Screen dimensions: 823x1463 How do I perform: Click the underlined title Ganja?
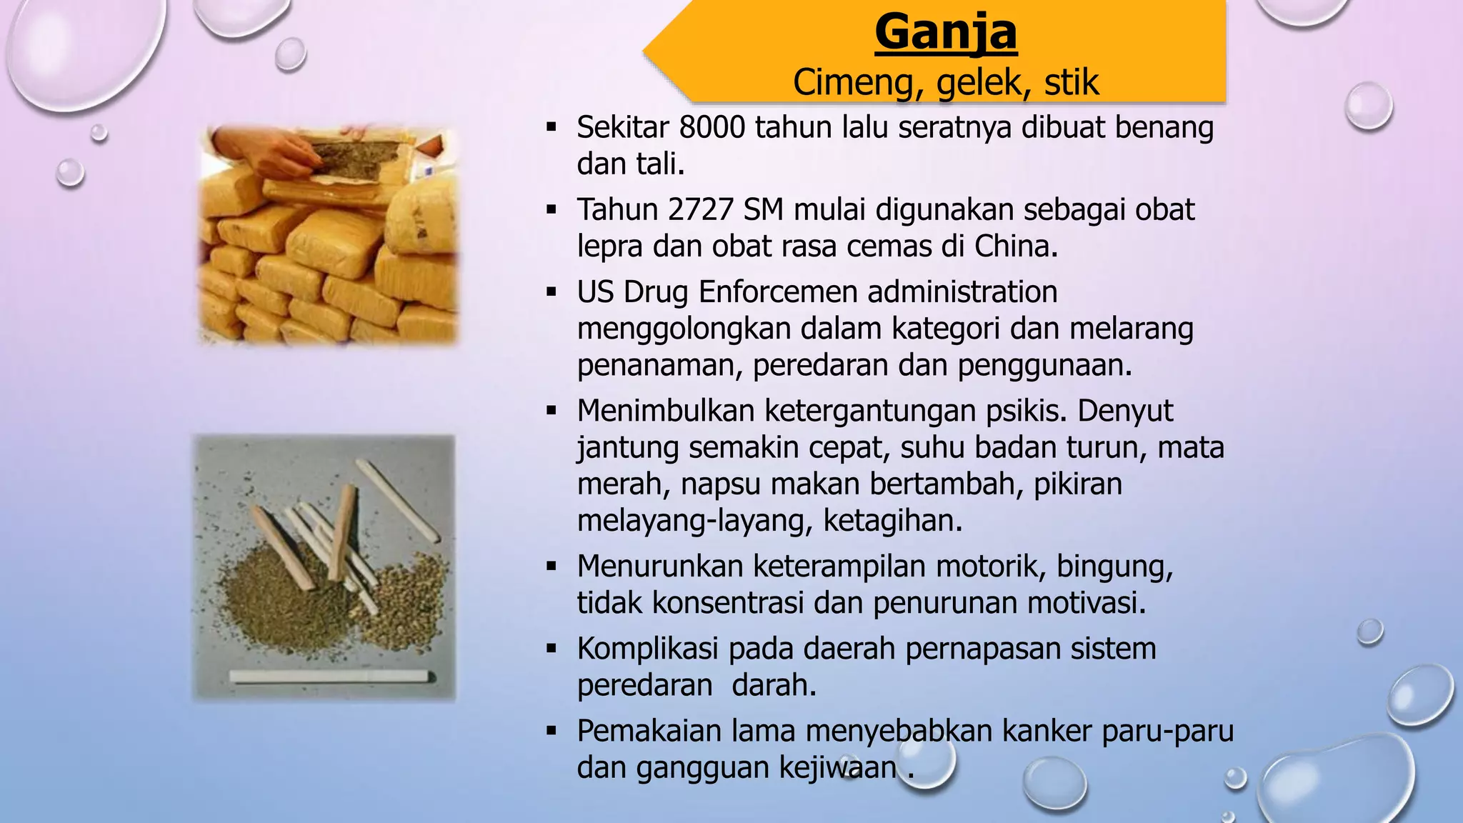coord(946,32)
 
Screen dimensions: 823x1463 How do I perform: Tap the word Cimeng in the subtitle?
coord(854,82)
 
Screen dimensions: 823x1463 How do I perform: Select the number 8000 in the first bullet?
coord(711,128)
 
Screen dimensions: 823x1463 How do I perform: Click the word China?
coord(1015,246)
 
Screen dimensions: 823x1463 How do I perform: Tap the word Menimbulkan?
coord(666,411)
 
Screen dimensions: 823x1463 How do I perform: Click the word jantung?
coord(628,449)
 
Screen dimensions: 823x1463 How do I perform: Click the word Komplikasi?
coord(647,649)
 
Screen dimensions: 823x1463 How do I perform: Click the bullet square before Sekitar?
coord(551,129)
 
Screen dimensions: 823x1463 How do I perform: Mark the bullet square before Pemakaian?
coord(551,732)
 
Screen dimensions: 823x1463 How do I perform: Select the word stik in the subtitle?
coord(1071,82)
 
